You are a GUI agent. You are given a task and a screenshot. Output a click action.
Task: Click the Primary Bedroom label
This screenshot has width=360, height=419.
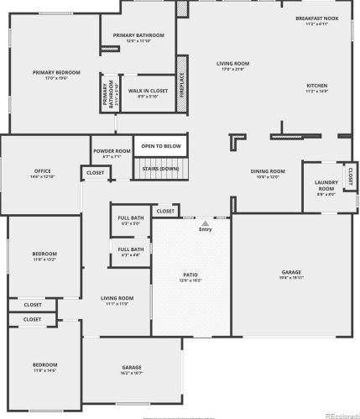pyautogui.click(x=57, y=73)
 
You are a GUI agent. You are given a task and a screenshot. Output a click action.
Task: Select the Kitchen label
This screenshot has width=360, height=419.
pyautogui.click(x=316, y=86)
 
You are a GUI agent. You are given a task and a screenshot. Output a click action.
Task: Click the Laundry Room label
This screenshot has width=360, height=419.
pyautogui.click(x=326, y=186)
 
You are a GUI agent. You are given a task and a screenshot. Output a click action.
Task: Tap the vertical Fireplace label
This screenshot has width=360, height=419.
pyautogui.click(x=182, y=86)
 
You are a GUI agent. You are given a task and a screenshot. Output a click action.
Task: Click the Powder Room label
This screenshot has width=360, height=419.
pyautogui.click(x=112, y=150)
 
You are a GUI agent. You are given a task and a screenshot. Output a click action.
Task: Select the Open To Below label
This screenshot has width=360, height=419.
pyautogui.click(x=160, y=146)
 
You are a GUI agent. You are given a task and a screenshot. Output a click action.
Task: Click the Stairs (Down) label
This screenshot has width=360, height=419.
pyautogui.click(x=160, y=168)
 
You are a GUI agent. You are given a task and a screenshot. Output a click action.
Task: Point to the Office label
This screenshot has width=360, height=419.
pyautogui.click(x=42, y=171)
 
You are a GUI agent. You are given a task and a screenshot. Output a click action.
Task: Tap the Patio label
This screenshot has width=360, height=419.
pyautogui.click(x=190, y=275)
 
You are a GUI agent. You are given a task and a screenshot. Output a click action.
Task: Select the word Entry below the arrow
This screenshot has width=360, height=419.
pyautogui.click(x=206, y=229)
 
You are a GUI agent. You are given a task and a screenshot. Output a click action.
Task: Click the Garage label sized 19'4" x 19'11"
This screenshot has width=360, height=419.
pyautogui.click(x=291, y=272)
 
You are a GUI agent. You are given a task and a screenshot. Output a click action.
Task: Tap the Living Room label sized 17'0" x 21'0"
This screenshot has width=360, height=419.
pyautogui.click(x=232, y=64)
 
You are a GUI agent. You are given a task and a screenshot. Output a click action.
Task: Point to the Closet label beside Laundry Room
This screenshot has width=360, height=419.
pyautogui.click(x=349, y=176)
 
